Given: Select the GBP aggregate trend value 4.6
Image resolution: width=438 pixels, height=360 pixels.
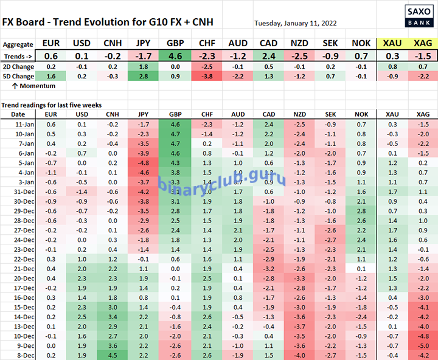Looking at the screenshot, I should click(175, 56).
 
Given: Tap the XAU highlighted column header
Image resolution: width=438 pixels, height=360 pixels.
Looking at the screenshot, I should click(392, 44).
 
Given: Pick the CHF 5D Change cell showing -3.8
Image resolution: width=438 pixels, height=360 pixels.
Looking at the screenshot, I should click(207, 77).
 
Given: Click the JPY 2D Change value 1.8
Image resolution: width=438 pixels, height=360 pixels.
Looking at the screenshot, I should click(144, 66).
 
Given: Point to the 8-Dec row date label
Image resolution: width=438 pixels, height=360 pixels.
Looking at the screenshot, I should click(18, 355).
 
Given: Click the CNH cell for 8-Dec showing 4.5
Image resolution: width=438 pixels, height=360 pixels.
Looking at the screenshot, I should click(112, 355).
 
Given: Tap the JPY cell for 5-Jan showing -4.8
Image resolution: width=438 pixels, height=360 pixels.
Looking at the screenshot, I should click(144, 163).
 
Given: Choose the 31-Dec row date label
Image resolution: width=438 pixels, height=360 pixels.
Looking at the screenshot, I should click(18, 191).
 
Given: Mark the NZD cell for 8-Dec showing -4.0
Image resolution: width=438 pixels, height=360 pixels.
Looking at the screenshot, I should click(299, 355).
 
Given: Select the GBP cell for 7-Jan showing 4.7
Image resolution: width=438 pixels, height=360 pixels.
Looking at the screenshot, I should click(175, 144).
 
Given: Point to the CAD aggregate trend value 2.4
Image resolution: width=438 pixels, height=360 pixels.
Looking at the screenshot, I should click(268, 56).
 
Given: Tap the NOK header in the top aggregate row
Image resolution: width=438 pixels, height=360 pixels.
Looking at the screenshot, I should click(361, 44).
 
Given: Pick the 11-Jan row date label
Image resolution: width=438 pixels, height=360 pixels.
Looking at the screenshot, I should click(18, 125).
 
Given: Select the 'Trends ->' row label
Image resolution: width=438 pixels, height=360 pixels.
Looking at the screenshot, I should click(18, 56).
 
